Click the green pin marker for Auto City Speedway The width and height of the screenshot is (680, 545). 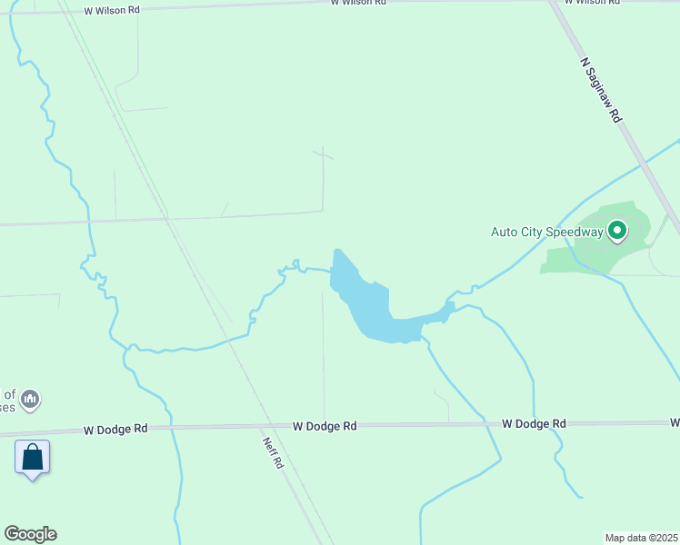[x=617, y=232]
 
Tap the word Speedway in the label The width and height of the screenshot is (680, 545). [x=575, y=232]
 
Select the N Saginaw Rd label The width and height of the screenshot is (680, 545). [x=600, y=90]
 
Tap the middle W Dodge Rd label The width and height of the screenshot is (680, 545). [x=325, y=425]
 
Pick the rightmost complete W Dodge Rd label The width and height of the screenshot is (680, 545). [x=534, y=423]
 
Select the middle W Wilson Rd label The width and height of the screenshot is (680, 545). [x=357, y=3]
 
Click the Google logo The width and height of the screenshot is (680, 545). [x=30, y=534]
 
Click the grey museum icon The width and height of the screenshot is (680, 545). [x=30, y=399]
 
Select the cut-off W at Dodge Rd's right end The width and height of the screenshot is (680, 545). [x=675, y=422]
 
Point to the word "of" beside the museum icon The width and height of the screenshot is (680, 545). [x=9, y=394]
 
